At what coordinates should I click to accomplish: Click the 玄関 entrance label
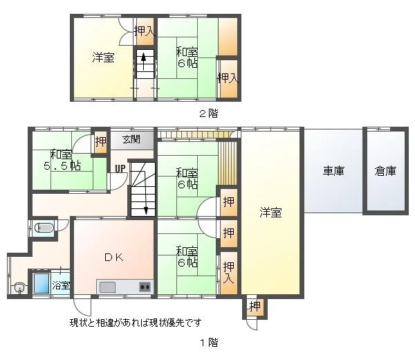click(131, 139)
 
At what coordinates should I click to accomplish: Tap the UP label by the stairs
click(120, 168)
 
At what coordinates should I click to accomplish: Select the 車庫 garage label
click(333, 171)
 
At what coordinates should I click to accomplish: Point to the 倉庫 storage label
click(385, 171)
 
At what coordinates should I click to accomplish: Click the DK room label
click(114, 258)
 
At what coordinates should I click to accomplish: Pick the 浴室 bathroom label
click(61, 285)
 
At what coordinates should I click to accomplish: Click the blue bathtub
click(41, 283)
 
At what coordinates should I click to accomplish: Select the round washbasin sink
click(20, 288)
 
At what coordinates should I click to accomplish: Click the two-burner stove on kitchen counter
click(145, 287)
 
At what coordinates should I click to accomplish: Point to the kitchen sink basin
click(107, 287)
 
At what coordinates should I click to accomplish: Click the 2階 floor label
click(209, 114)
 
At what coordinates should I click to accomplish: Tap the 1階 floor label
click(209, 343)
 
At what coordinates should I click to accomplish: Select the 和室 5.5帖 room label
click(62, 160)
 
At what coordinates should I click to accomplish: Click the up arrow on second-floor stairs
click(143, 62)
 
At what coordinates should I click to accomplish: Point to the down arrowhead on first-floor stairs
click(145, 210)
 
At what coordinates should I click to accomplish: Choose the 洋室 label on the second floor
click(103, 57)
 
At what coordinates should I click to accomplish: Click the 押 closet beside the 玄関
click(100, 142)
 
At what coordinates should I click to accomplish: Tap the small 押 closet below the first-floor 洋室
click(255, 307)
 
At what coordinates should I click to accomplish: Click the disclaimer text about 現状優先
click(136, 323)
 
